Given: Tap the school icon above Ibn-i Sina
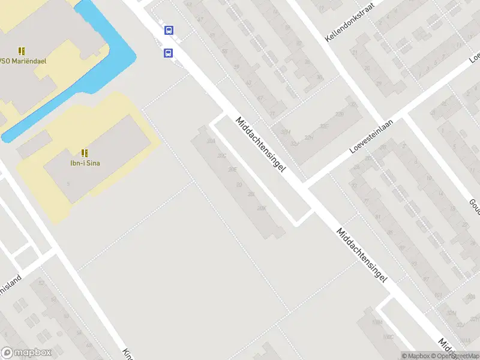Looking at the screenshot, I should (85, 152).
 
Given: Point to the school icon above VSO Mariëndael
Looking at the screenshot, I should (22, 51).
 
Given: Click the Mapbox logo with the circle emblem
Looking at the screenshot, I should (26, 353).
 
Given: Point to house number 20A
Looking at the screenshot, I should (210, 141).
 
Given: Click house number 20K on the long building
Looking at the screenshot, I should (260, 208).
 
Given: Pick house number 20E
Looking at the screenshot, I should (233, 170).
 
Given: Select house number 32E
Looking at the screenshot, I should (325, 127).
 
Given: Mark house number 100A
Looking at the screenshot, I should (376, 323).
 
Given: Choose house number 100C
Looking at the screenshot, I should (389, 337).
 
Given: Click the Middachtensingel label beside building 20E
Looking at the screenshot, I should (260, 144).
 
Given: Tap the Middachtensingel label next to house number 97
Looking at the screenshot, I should (362, 254).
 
